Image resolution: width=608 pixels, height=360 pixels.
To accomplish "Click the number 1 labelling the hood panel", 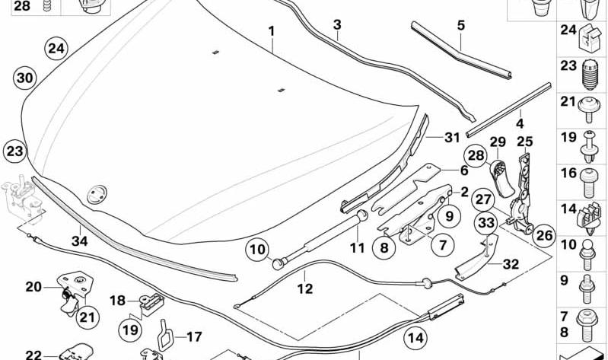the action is point(272,31).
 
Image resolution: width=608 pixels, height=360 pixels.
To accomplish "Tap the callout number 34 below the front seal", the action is point(79,241).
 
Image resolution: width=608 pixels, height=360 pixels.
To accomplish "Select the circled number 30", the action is point(25,78).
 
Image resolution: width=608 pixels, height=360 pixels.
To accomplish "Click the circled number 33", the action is point(486,223).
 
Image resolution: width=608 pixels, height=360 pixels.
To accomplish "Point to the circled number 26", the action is point(543,235).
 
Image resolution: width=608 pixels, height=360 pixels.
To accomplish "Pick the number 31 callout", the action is point(452,137).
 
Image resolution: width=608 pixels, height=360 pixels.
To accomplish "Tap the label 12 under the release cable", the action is point(305,288).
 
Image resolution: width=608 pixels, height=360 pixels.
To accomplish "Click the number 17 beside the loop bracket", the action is point(194,336).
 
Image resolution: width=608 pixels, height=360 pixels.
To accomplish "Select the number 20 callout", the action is point(33,287).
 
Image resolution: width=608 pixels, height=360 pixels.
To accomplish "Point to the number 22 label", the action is point(33,355).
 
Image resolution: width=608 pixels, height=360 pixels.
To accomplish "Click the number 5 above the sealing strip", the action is point(460,26).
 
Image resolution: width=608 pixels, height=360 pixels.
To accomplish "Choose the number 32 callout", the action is point(511,264).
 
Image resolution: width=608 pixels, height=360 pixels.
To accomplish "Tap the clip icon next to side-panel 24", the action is point(590,37).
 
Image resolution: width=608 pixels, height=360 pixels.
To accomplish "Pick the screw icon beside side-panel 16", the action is point(589,183).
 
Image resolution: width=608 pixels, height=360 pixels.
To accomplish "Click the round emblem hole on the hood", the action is point(97,194).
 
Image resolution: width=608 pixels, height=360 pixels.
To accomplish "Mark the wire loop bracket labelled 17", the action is point(164,334).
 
